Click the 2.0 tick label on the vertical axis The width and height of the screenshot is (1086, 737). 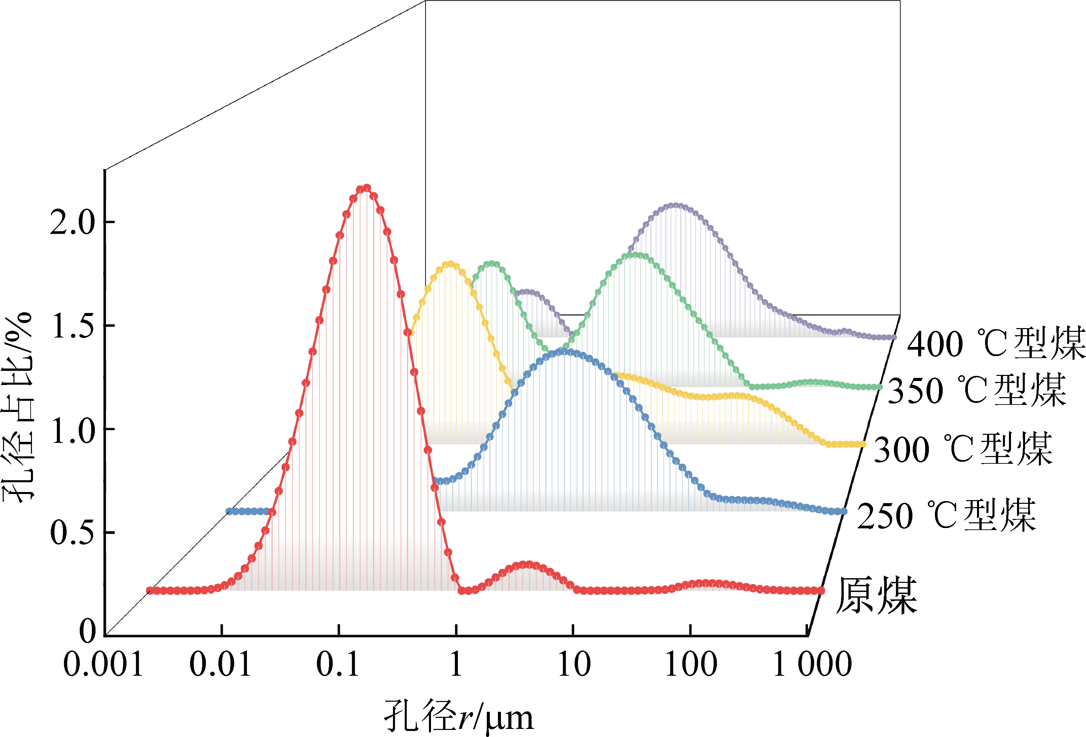tap(72, 222)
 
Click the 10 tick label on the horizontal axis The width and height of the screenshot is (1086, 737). tap(574, 665)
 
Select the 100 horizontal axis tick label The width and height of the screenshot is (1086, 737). tap(691, 665)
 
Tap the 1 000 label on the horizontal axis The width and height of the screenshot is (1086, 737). tap(812, 665)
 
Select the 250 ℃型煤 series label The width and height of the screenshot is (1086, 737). tap(946, 516)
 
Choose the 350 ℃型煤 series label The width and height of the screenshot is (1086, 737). tap(977, 390)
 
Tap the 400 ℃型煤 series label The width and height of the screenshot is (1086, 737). tap(995, 344)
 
